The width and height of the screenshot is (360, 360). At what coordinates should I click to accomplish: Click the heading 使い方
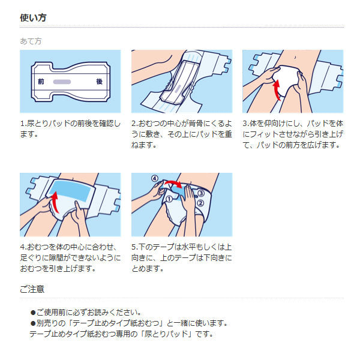click(x=33, y=17)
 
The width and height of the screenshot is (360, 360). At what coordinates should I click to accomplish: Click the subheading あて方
click(x=31, y=41)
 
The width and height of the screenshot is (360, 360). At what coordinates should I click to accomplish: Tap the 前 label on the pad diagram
click(x=41, y=82)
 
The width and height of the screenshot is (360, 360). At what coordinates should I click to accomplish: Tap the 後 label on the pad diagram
click(x=99, y=82)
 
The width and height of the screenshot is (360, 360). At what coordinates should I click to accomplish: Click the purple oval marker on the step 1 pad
click(x=62, y=82)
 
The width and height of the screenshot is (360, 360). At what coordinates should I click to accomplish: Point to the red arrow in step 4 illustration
click(x=55, y=202)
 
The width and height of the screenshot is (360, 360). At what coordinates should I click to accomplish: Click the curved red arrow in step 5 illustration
click(x=174, y=184)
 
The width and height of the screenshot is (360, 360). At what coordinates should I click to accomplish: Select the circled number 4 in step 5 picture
click(x=155, y=178)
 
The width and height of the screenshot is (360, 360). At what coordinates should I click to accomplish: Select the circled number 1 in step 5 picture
click(x=169, y=199)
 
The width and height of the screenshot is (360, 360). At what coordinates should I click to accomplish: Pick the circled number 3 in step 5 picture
click(x=201, y=193)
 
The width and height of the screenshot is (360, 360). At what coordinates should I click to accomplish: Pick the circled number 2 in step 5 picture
click(x=200, y=203)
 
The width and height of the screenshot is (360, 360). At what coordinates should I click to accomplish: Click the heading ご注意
click(x=32, y=289)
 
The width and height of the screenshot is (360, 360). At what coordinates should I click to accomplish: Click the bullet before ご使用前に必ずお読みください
click(x=33, y=313)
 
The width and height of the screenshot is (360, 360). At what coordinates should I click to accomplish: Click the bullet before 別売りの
click(x=33, y=323)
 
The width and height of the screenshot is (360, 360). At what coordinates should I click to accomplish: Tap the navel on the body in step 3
click(x=295, y=58)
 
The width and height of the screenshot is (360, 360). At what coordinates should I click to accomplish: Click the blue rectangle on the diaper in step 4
click(x=71, y=190)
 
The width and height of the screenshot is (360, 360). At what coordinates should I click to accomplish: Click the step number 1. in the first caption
click(x=23, y=124)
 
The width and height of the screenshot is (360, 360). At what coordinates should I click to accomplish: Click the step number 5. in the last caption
click(x=135, y=247)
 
